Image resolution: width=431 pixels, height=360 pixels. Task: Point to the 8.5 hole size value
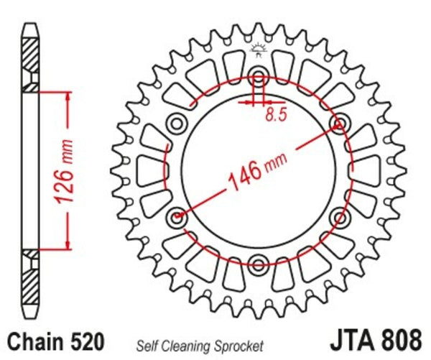(274, 114)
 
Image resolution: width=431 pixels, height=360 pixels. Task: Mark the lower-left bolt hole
(177, 216)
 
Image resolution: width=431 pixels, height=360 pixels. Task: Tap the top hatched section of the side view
(29, 61)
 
